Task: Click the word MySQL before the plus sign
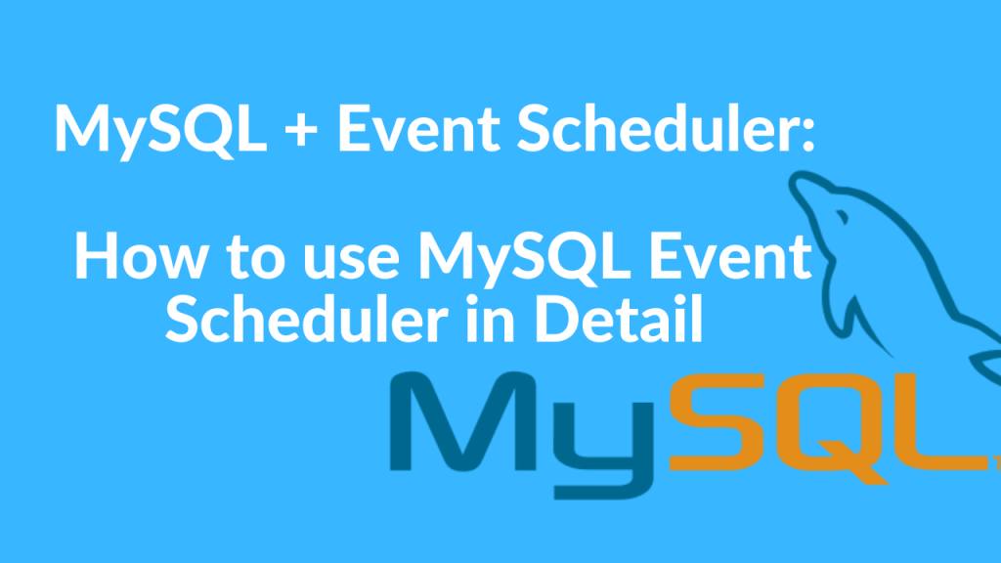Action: point(161,130)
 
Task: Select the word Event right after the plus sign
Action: point(418,128)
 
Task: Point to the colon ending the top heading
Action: point(808,135)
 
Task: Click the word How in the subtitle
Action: point(141,256)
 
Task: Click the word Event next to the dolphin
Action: point(729,256)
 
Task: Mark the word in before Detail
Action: point(491,319)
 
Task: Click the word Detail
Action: point(619,318)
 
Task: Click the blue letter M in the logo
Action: point(463,422)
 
